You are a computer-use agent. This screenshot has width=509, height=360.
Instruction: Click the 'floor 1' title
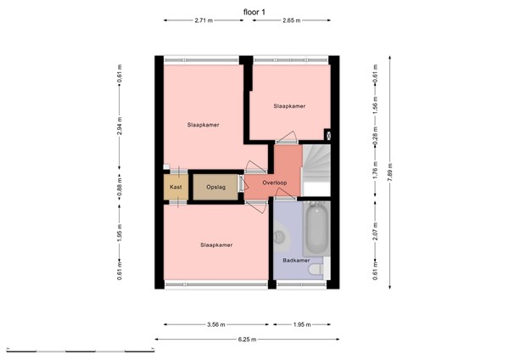pos(254,10)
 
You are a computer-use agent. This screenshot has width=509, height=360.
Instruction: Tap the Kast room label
pos(176,187)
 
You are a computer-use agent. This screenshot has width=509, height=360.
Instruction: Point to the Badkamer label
pos(295,261)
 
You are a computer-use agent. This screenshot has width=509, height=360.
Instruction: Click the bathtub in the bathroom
pos(316,225)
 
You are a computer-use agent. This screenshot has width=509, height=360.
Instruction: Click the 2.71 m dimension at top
pos(203,20)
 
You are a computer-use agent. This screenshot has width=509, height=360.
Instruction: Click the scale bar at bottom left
pos(76,350)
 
